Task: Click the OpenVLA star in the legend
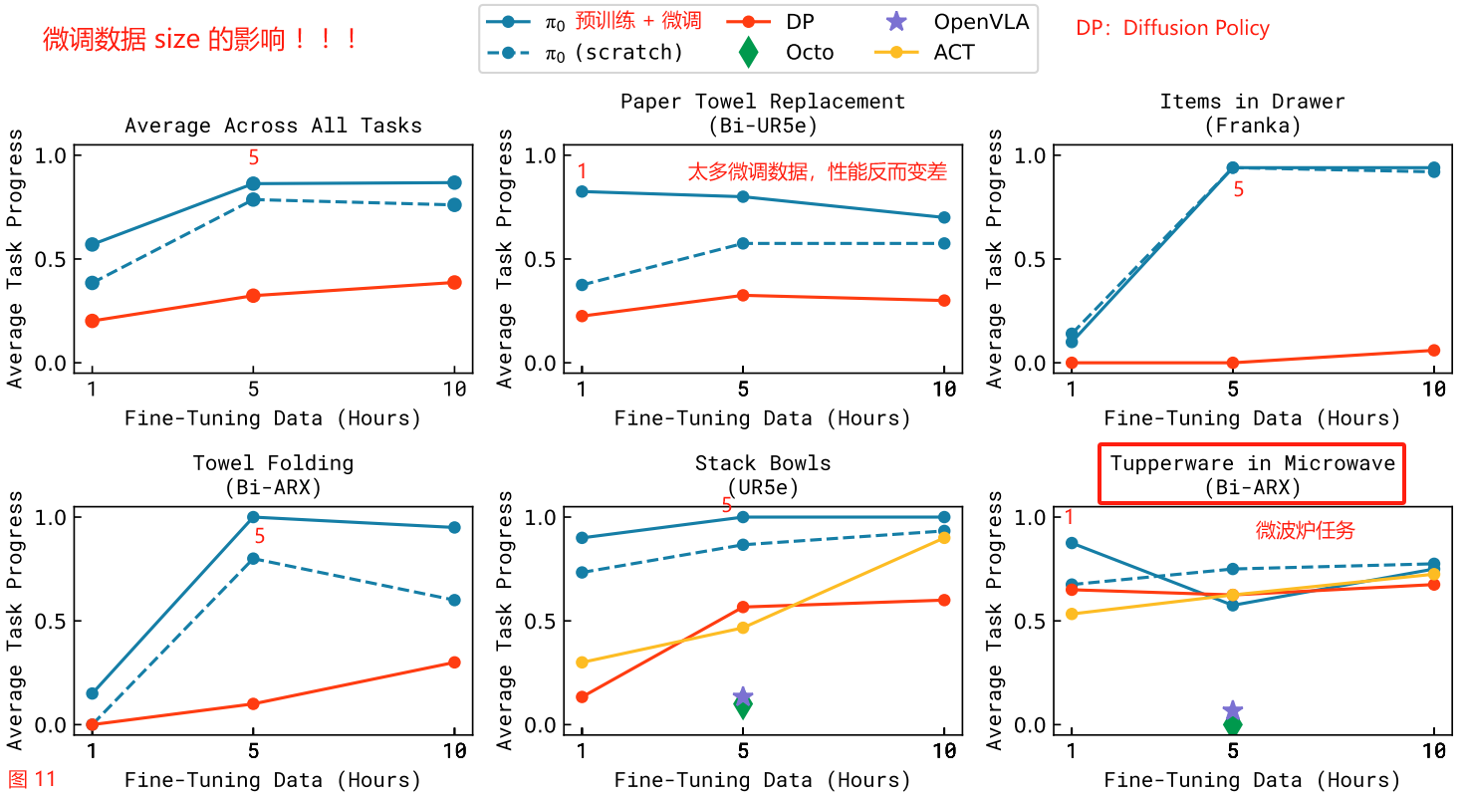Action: (x=893, y=21)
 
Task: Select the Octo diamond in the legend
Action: (x=750, y=53)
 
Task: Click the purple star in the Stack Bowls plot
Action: (x=743, y=696)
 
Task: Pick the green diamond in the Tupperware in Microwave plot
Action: (x=1233, y=724)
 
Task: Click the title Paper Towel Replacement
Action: (x=763, y=102)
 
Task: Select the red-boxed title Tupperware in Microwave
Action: (x=1252, y=474)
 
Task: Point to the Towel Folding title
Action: (x=273, y=463)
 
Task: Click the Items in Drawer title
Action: (x=1252, y=102)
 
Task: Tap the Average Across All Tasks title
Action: (x=273, y=126)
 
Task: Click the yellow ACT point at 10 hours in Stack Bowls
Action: (x=944, y=538)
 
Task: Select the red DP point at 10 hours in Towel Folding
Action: (x=454, y=663)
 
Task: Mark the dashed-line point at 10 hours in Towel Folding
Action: (x=454, y=600)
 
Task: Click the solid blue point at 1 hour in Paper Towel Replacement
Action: (x=583, y=191)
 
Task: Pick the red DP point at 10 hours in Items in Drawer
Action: (x=1434, y=351)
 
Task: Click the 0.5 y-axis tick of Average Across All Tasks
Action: (x=53, y=259)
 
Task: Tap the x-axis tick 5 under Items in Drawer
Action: (x=1233, y=390)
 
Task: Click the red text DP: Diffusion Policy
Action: (x=1172, y=28)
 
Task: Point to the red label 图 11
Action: (x=32, y=779)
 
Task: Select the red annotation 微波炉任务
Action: (x=1305, y=530)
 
